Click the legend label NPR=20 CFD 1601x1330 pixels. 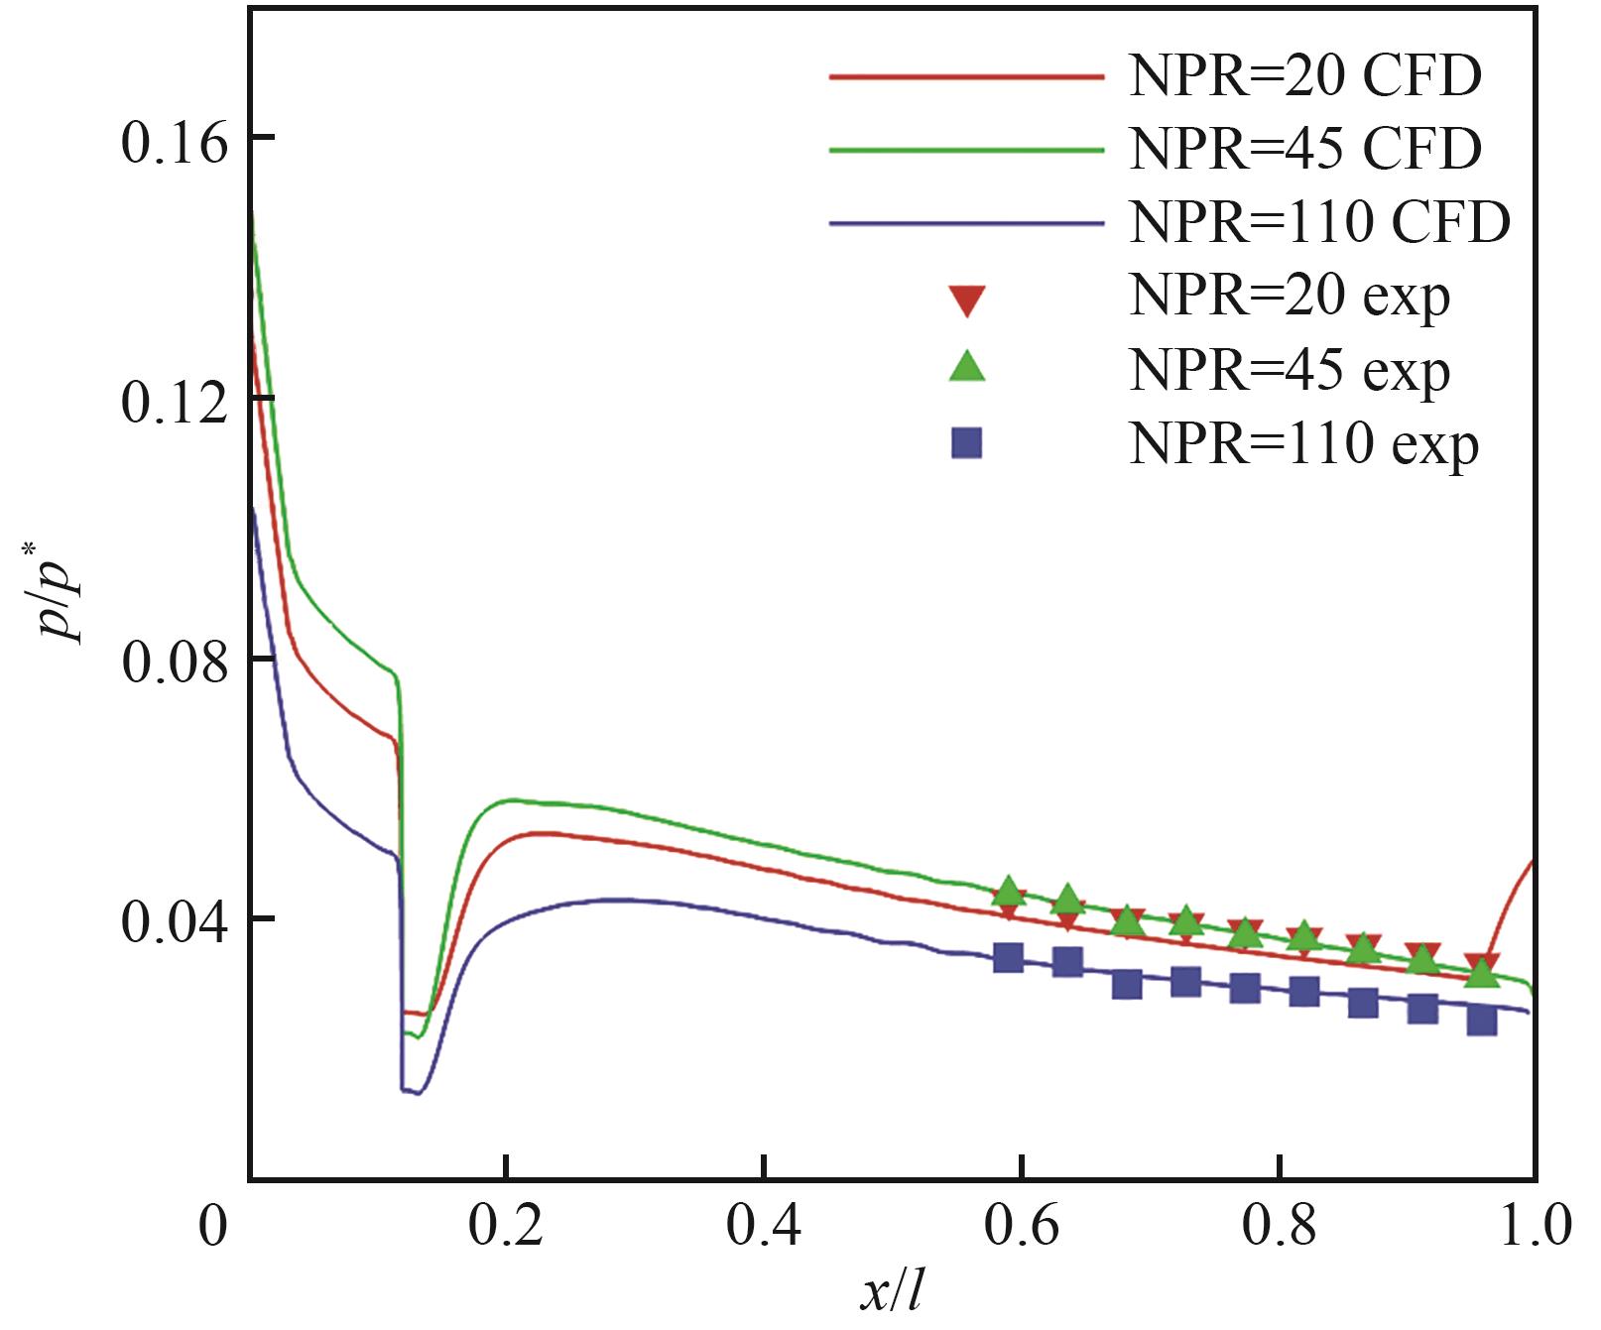coord(1304,76)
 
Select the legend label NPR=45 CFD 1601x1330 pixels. coord(1304,150)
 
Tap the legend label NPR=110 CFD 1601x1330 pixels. coord(1319,223)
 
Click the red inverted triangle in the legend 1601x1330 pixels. coord(966,300)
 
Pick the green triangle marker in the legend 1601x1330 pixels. coord(966,367)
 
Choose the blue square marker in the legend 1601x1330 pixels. coord(966,442)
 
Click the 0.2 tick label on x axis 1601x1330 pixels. coord(506,1226)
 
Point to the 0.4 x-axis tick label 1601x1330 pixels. coord(763,1226)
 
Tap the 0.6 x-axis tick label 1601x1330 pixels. coord(1021,1226)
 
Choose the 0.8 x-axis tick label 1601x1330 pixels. coord(1279,1226)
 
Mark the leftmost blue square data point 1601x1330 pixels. coord(1008,957)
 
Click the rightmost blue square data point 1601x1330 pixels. coord(1481,1020)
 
